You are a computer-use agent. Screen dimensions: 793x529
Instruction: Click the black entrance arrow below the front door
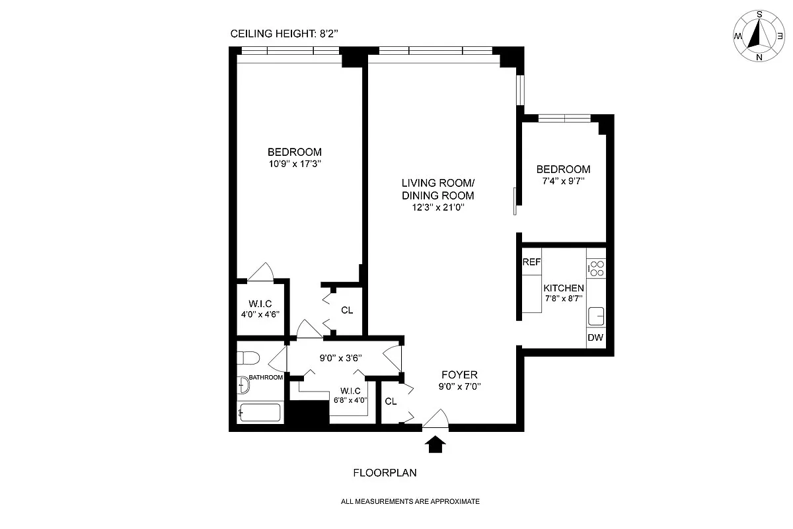tap(435, 444)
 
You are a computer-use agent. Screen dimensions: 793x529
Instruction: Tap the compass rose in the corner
tap(759, 36)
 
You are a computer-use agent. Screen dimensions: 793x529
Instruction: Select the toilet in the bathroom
tap(248, 358)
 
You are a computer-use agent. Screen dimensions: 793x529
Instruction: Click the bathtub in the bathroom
tap(260, 412)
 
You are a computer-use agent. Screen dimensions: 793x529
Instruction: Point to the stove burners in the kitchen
tap(597, 269)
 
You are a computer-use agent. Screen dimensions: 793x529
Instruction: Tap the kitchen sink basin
tap(596, 316)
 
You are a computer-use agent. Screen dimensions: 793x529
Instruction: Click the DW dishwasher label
tap(595, 337)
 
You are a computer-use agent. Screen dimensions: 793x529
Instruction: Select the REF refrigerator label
tap(531, 262)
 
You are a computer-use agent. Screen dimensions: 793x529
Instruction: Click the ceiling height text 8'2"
tap(329, 34)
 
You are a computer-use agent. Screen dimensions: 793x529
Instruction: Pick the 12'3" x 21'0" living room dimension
tap(438, 207)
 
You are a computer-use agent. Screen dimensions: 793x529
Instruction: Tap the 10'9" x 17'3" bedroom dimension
tap(295, 164)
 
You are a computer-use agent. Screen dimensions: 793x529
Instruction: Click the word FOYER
tap(459, 374)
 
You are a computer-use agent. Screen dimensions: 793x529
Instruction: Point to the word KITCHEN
tap(564, 288)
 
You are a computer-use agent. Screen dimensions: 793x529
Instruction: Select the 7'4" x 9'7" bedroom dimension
tap(563, 181)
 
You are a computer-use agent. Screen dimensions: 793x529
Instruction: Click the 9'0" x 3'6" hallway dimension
tap(340, 358)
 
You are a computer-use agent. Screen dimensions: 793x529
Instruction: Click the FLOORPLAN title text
tap(385, 473)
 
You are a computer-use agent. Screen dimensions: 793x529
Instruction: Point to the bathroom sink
tap(243, 384)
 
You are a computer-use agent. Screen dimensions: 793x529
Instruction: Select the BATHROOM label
tap(266, 378)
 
